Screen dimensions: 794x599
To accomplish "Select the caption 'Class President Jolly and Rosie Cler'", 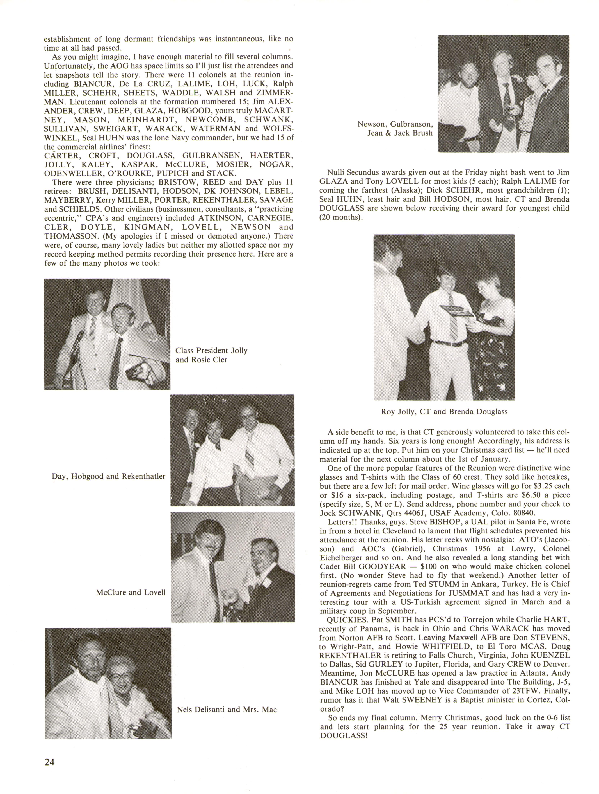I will coord(211,355).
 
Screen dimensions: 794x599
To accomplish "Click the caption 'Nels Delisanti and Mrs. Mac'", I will coord(227,709).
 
